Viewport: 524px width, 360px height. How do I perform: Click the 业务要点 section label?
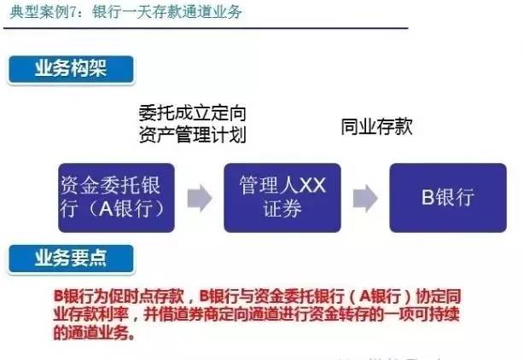[70, 256]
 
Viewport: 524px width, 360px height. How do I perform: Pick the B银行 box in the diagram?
[446, 196]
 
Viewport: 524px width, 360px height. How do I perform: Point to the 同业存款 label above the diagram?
[376, 127]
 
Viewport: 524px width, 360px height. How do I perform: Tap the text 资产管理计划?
[192, 135]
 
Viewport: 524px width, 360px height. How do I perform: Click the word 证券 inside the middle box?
[282, 209]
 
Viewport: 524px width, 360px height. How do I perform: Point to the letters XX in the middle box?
[313, 186]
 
